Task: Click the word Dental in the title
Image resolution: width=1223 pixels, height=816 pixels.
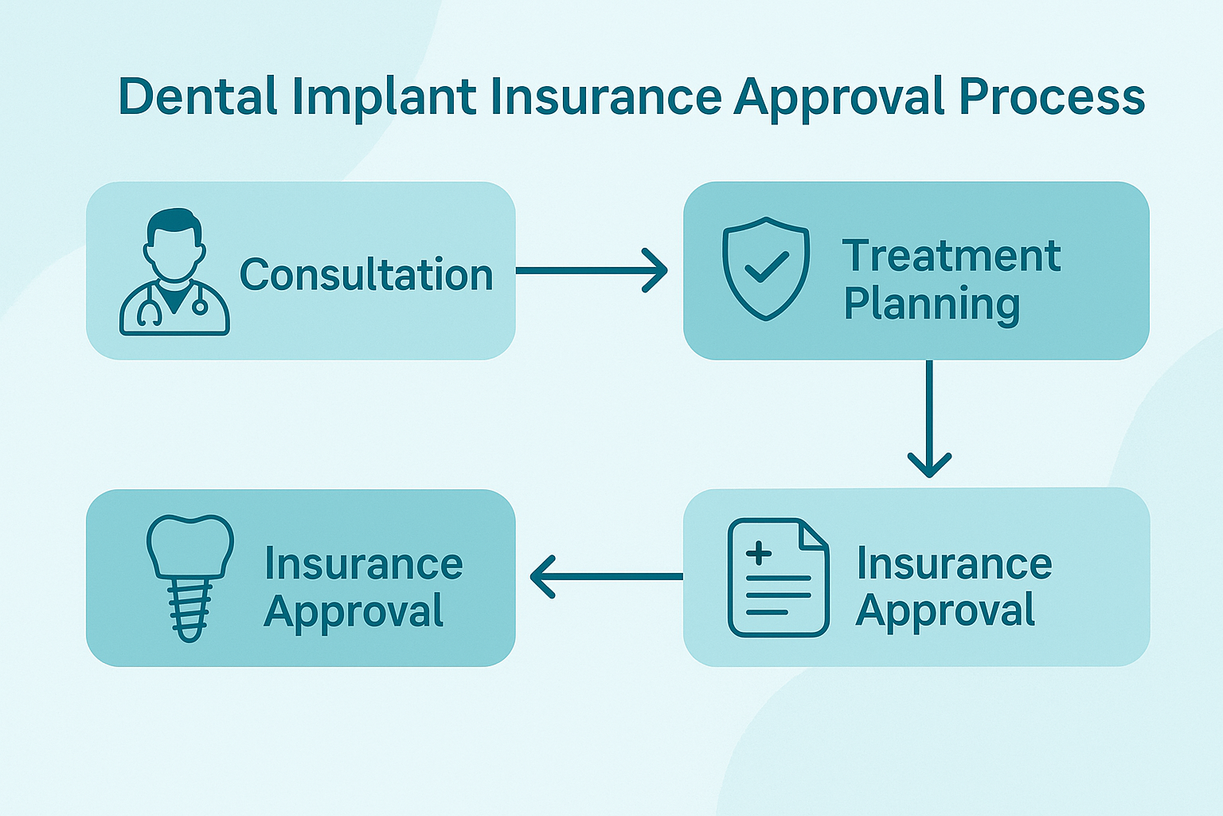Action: pyautogui.click(x=197, y=96)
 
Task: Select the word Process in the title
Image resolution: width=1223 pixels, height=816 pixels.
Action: pyautogui.click(x=1051, y=96)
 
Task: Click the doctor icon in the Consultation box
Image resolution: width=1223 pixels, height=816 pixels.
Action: pyautogui.click(x=174, y=272)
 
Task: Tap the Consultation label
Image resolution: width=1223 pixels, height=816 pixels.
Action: pyautogui.click(x=366, y=275)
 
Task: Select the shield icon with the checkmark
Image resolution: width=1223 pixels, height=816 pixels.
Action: pyautogui.click(x=765, y=268)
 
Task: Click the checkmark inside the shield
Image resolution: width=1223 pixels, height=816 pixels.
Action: pyautogui.click(x=766, y=268)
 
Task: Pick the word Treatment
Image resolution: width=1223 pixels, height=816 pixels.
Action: pyautogui.click(x=951, y=256)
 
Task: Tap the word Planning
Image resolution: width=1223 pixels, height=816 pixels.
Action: pyautogui.click(x=932, y=304)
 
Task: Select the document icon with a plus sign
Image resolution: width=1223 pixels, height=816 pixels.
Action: pyautogui.click(x=778, y=578)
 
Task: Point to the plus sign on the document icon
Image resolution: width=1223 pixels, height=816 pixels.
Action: pyautogui.click(x=759, y=553)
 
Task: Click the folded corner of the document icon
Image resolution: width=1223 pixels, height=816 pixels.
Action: pyautogui.click(x=813, y=534)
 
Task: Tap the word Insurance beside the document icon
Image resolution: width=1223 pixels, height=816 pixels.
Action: pyautogui.click(x=954, y=564)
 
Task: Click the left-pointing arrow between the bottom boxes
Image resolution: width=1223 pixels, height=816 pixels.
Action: pyautogui.click(x=606, y=576)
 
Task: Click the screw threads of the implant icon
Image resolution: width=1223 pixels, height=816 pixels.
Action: pyautogui.click(x=190, y=610)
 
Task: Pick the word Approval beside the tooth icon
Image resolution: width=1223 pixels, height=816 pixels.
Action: pyautogui.click(x=354, y=612)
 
